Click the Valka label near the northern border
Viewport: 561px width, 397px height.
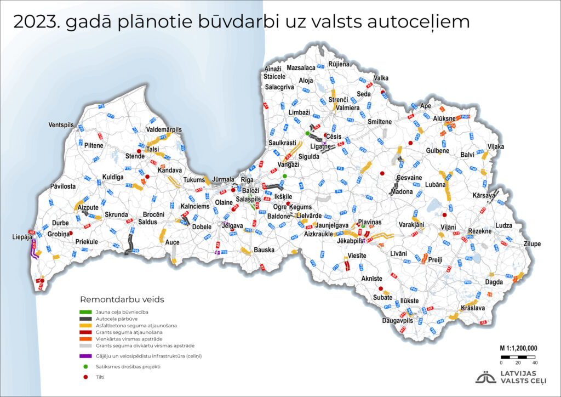tap(380, 78)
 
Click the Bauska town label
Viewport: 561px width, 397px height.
tap(264, 250)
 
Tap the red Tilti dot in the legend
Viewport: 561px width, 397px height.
tap(85, 377)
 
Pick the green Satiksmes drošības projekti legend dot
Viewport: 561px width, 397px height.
tap(85, 366)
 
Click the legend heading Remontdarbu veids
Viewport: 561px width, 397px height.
tap(122, 299)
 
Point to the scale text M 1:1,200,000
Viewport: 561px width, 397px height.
tap(518, 348)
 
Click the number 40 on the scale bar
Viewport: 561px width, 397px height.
tap(535, 362)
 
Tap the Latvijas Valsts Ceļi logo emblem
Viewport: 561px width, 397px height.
tap(485, 377)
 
